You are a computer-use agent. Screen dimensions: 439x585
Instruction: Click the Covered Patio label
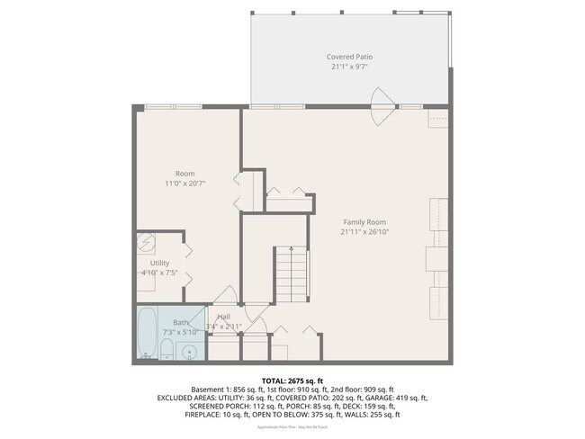click(349, 57)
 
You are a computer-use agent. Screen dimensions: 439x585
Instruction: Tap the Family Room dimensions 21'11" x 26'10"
click(364, 231)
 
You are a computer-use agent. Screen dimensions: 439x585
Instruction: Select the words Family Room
click(364, 221)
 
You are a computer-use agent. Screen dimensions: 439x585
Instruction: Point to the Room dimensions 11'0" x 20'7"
click(185, 183)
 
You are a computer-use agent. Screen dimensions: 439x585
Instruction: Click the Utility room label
click(159, 263)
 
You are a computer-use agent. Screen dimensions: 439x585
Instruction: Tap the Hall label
click(223, 317)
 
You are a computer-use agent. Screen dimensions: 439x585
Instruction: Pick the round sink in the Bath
click(189, 352)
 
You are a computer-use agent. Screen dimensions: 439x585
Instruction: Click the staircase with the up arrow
click(291, 274)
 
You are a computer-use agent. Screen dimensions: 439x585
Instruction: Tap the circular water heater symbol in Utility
click(146, 243)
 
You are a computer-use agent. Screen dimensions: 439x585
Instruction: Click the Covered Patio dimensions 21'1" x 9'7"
click(349, 67)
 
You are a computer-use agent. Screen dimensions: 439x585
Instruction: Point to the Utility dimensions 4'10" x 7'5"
click(160, 273)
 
